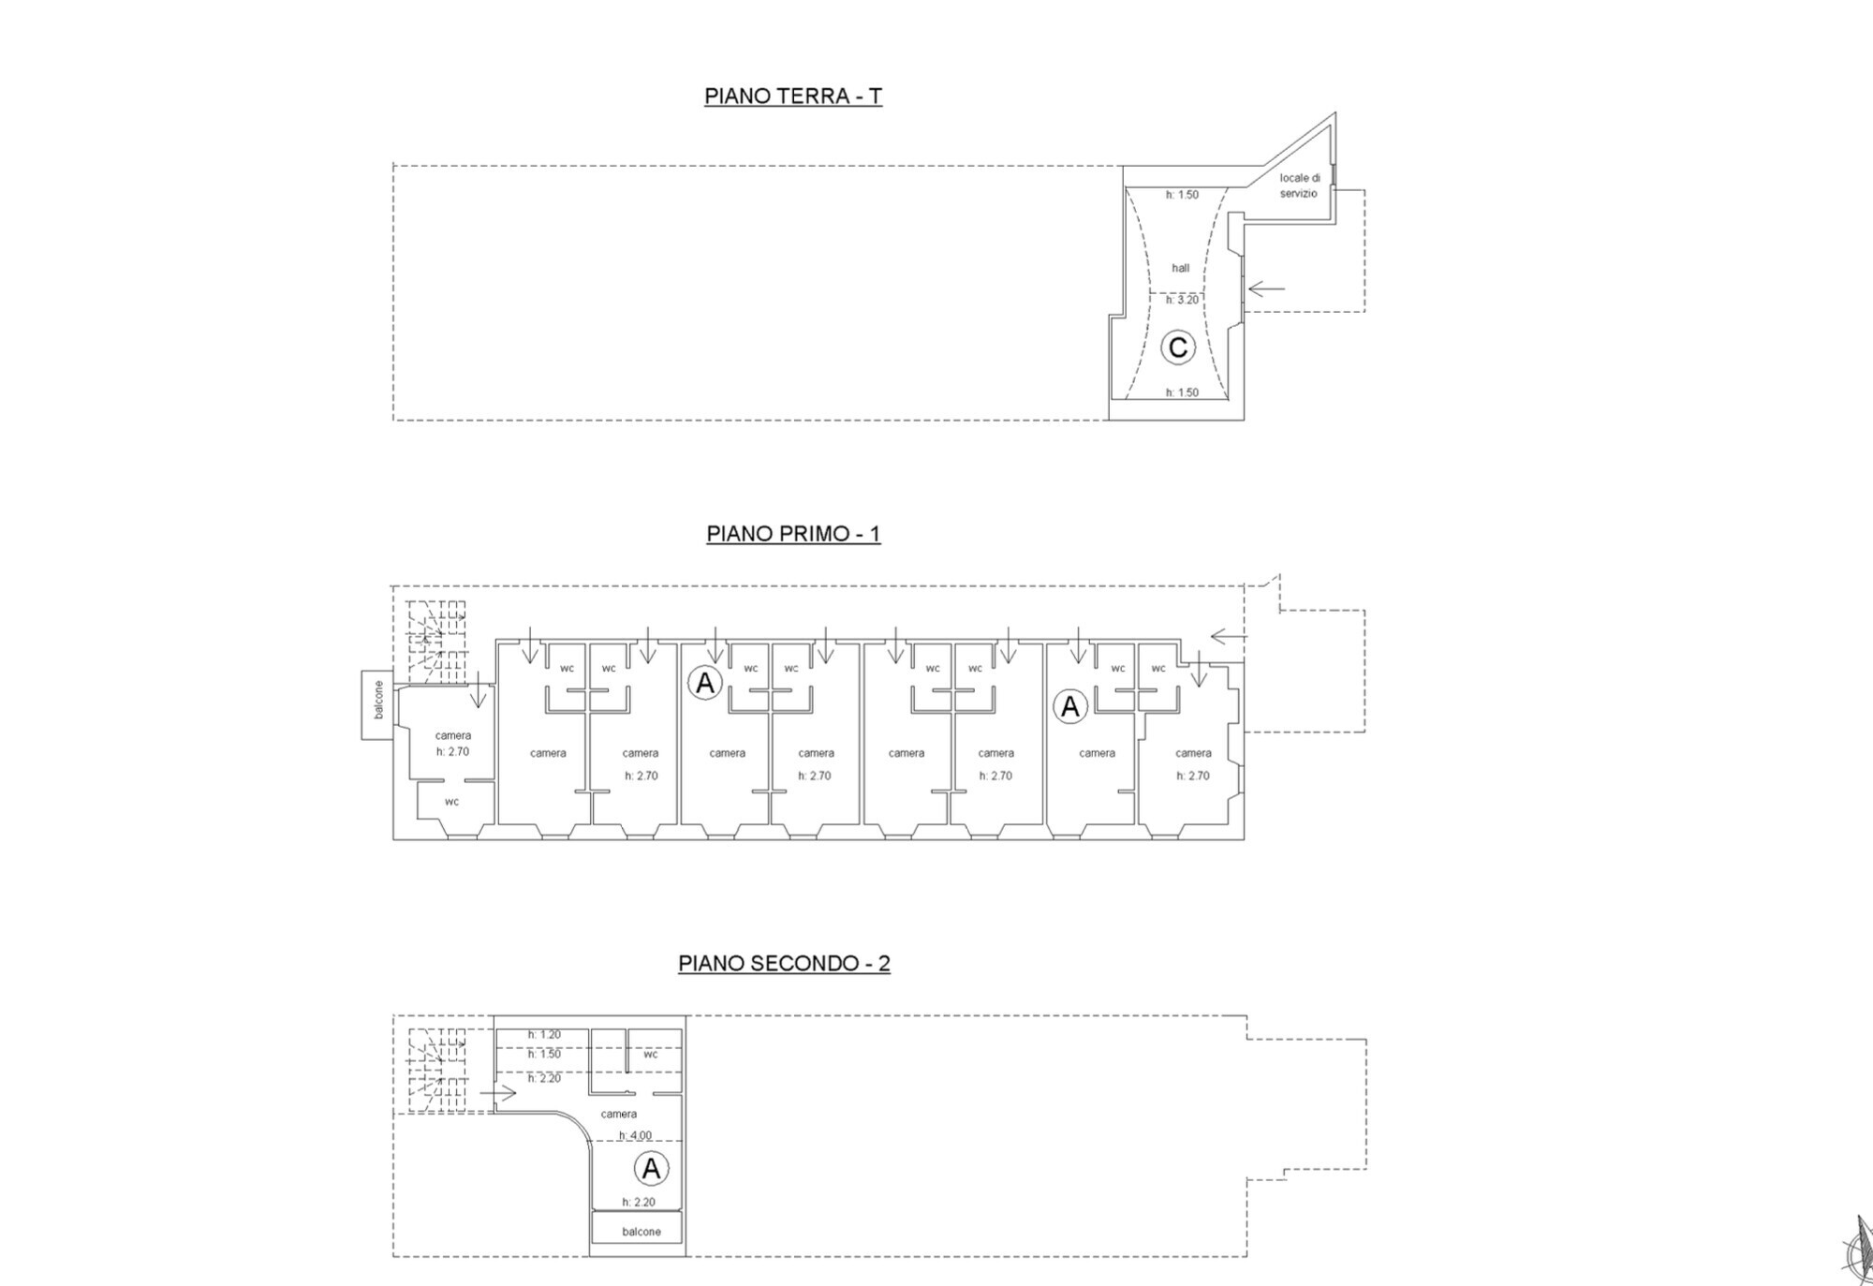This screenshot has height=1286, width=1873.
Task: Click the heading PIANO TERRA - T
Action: pyautogui.click(x=793, y=96)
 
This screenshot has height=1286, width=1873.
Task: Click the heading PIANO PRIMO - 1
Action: pyautogui.click(x=793, y=534)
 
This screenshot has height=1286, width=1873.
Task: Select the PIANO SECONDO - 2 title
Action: pyautogui.click(x=784, y=963)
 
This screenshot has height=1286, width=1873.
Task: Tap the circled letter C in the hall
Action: pyautogui.click(x=1177, y=347)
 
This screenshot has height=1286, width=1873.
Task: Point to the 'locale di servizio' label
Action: pyautogui.click(x=1299, y=185)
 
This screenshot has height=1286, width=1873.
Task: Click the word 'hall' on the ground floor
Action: pyautogui.click(x=1181, y=268)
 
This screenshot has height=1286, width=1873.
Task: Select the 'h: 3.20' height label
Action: pyautogui.click(x=1182, y=300)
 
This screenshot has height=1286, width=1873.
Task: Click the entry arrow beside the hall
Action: pyautogui.click(x=1266, y=288)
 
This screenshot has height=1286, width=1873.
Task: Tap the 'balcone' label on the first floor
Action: pyautogui.click(x=378, y=700)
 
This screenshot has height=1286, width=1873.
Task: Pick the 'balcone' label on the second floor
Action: pyautogui.click(x=642, y=1232)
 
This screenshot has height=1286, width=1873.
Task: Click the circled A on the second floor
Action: pyautogui.click(x=651, y=1168)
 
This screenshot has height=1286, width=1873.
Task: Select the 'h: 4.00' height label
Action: pyautogui.click(x=635, y=1136)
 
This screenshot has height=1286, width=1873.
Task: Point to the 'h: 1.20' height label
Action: pyautogui.click(x=544, y=1035)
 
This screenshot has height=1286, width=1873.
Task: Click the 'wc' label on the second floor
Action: pyautogui.click(x=651, y=1054)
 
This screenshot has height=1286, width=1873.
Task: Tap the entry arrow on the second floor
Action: pyautogui.click(x=498, y=1093)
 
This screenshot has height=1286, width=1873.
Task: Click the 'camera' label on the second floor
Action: pyautogui.click(x=619, y=1114)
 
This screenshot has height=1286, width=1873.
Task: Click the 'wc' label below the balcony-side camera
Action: pyautogui.click(x=452, y=802)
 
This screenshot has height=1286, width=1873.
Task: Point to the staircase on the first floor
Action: pyautogui.click(x=436, y=643)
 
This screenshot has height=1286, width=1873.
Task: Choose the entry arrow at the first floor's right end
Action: pyautogui.click(x=1229, y=637)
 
